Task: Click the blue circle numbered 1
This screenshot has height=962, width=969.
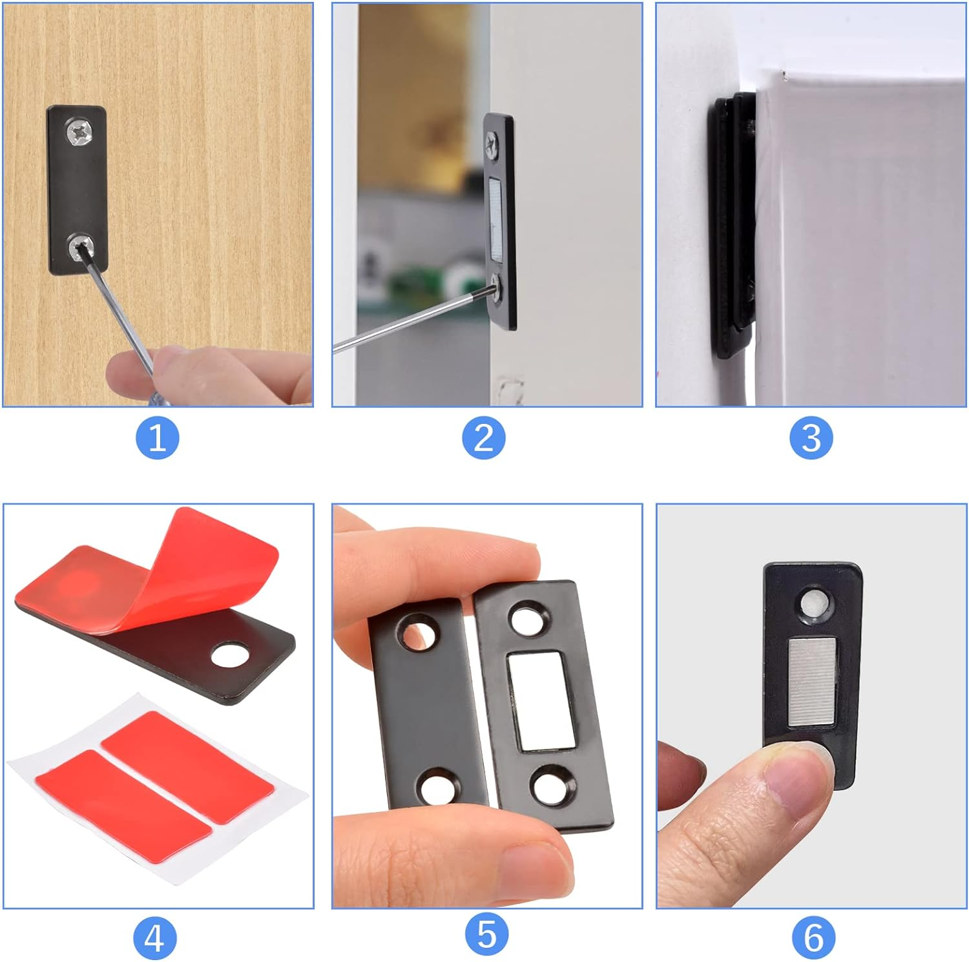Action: [157, 438]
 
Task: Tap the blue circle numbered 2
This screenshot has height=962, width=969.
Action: [484, 438]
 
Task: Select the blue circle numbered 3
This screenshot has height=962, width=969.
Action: [811, 438]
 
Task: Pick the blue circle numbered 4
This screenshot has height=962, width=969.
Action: [154, 938]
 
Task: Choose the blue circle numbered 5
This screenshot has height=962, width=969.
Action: [486, 935]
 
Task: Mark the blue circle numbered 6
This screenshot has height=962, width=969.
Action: [813, 937]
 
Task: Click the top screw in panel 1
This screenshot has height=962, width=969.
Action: [80, 134]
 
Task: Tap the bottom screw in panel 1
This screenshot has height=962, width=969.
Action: [81, 246]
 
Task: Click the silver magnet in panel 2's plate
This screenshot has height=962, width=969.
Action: [497, 215]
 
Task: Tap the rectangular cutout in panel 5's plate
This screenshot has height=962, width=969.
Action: [541, 701]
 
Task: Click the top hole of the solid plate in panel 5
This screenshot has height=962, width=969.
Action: [417, 632]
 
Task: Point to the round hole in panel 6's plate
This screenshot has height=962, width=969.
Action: [811, 603]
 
